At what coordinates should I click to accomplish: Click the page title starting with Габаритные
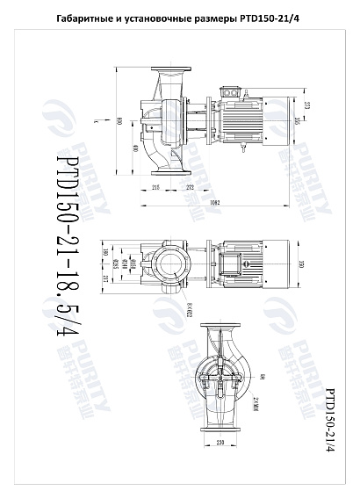(x=180, y=18)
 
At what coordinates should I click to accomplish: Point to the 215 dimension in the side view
(x=155, y=188)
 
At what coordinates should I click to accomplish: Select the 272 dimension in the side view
(x=189, y=188)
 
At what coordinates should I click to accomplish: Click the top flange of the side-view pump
(x=168, y=69)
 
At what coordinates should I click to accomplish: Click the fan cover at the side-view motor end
(x=279, y=122)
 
